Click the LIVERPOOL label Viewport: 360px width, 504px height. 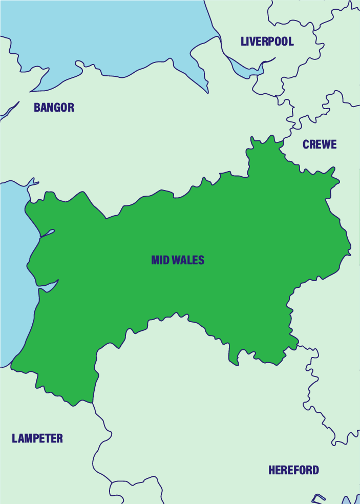tap(267, 41)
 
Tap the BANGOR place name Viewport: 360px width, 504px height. tap(54, 108)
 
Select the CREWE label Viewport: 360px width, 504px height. tap(320, 144)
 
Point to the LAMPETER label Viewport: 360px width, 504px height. tap(37, 438)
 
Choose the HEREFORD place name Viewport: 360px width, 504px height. tap(293, 470)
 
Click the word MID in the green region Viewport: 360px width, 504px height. tap(160, 260)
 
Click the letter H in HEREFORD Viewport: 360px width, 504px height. tap(272, 470)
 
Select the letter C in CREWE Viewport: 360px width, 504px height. tap(306, 144)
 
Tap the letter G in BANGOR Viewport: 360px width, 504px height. tap(59, 108)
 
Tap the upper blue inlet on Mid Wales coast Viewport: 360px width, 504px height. tap(46, 235)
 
